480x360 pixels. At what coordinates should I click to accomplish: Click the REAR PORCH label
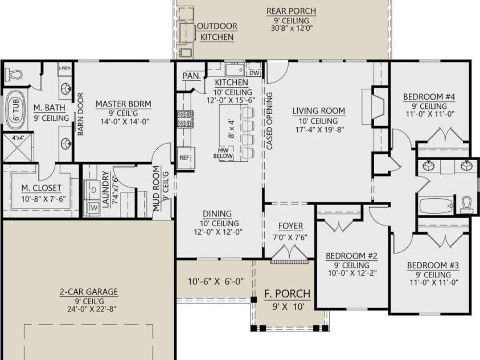291,11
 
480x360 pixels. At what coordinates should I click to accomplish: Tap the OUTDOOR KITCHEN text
217,31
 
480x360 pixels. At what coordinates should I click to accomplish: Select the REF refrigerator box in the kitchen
186,158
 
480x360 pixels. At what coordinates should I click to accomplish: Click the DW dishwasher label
255,73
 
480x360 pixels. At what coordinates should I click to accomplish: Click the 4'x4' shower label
18,138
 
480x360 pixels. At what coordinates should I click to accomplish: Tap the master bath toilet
14,74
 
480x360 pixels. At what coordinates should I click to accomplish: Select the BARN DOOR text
80,114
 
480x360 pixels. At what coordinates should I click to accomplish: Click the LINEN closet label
64,68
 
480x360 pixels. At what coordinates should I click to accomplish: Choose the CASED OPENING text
269,121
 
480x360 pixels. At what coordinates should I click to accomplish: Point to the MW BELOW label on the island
223,153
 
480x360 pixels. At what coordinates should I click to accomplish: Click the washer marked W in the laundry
93,207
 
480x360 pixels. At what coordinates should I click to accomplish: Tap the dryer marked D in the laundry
93,190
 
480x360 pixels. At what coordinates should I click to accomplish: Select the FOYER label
290,226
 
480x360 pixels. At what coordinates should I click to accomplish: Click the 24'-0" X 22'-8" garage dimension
92,309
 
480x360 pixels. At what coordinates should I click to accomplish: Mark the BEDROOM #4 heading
429,97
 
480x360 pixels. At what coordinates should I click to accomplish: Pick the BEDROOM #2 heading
351,256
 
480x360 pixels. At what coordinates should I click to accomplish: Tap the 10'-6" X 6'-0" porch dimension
216,281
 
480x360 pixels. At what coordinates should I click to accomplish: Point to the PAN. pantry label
192,76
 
